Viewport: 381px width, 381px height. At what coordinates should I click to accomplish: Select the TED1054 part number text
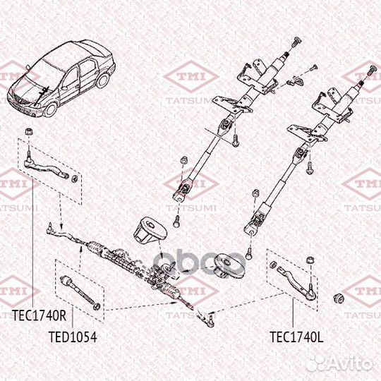coord(72,337)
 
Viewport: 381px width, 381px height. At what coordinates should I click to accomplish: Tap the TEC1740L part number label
coord(296,337)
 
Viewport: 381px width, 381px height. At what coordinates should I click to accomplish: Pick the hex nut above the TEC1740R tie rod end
coord(26,131)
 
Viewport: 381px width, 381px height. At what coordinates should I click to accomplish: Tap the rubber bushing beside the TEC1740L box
coord(340,294)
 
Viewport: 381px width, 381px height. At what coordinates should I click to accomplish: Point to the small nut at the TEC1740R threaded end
coord(70,176)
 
